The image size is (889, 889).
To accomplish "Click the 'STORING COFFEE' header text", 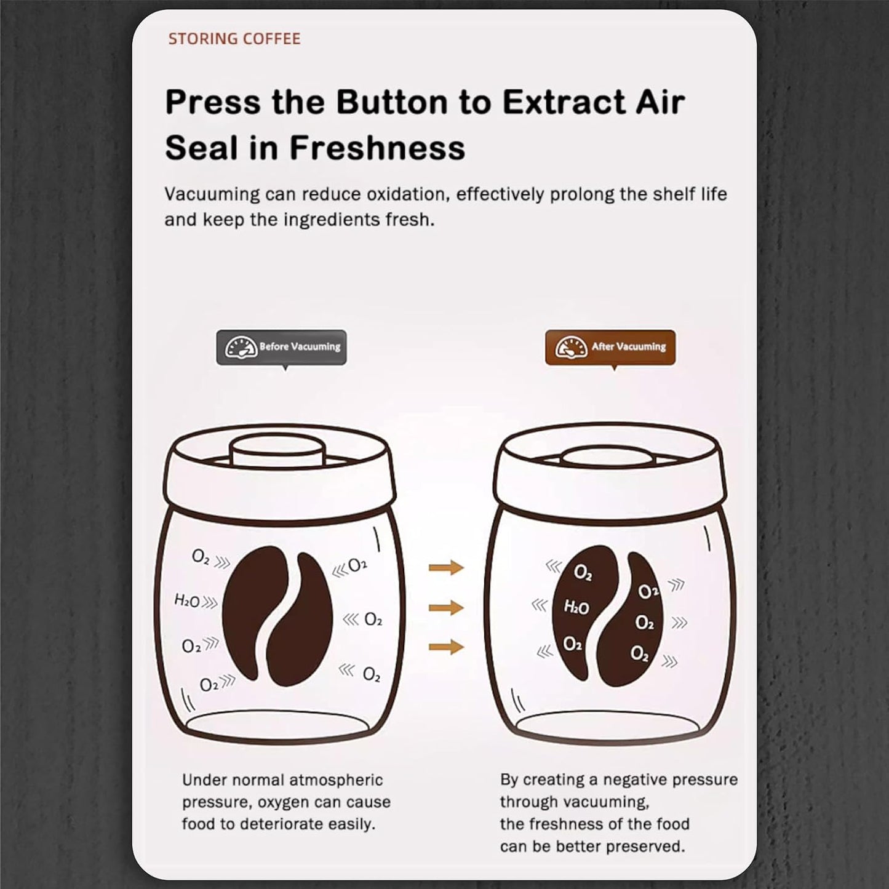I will pos(234,39).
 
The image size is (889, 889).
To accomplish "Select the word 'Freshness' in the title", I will pos(377,148).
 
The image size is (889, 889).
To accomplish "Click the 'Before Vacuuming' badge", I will pos(281,347).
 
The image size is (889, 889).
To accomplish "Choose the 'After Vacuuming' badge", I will pos(610,347).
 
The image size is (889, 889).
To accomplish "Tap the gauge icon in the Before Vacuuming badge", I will pos(241,347).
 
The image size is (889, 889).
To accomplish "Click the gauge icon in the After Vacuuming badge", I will pos(571,347).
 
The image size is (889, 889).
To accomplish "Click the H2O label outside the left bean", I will pos(187,601).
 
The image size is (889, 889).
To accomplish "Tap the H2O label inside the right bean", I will pos(576,608).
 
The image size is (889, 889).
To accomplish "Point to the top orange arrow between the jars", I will pos(446,567).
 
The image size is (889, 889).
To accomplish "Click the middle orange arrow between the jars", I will pos(446,608).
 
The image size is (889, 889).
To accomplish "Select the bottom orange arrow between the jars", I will pos(446,647).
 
